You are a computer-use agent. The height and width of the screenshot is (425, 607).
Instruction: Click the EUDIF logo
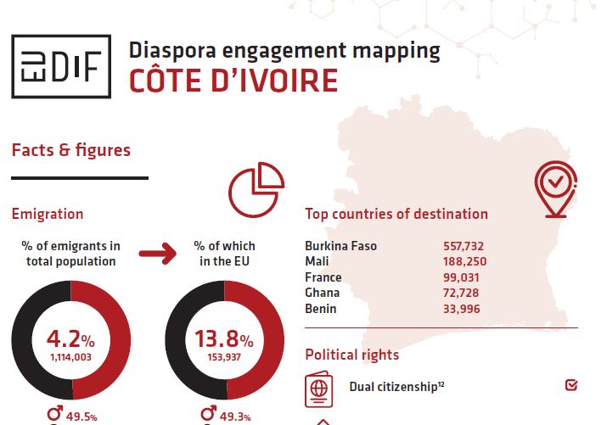point(61,67)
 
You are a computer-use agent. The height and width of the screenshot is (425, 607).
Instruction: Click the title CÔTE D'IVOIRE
point(233,81)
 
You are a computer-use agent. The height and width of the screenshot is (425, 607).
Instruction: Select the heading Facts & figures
point(71,150)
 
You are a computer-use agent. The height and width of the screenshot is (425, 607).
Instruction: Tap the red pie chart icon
point(256,188)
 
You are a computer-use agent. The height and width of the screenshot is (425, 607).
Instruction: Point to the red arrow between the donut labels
point(155,252)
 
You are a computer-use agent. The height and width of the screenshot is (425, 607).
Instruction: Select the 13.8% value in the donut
point(223,339)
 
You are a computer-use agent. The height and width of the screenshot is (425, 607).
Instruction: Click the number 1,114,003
point(70,358)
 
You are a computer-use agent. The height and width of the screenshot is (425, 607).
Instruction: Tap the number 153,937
point(223,358)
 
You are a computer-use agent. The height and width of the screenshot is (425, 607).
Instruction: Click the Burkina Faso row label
point(340,246)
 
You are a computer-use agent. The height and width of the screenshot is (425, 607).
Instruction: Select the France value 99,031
point(462,277)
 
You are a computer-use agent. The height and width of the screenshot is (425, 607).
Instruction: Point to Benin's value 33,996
point(462,309)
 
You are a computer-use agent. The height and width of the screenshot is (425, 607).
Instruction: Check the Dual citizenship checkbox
point(570,386)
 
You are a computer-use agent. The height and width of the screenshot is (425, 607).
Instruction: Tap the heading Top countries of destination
point(396,214)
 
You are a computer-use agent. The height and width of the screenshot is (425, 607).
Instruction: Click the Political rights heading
point(351,354)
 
